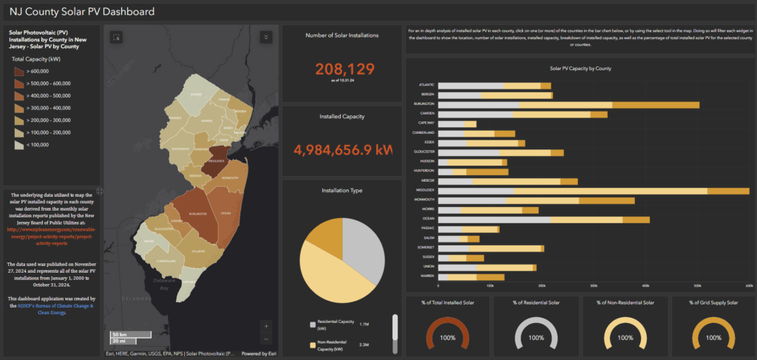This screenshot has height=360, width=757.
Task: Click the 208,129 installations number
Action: coord(342,69)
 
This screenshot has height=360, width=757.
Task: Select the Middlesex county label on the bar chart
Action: coord(424,190)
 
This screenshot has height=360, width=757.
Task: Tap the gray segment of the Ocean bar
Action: coord(494,220)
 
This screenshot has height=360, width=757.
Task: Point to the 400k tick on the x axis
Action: coord(645,285)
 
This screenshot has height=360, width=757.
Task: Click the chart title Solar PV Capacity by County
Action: coord(580,68)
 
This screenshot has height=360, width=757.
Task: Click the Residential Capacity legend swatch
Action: coord(313,324)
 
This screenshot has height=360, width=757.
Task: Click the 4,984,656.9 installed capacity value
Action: coord(342,150)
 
